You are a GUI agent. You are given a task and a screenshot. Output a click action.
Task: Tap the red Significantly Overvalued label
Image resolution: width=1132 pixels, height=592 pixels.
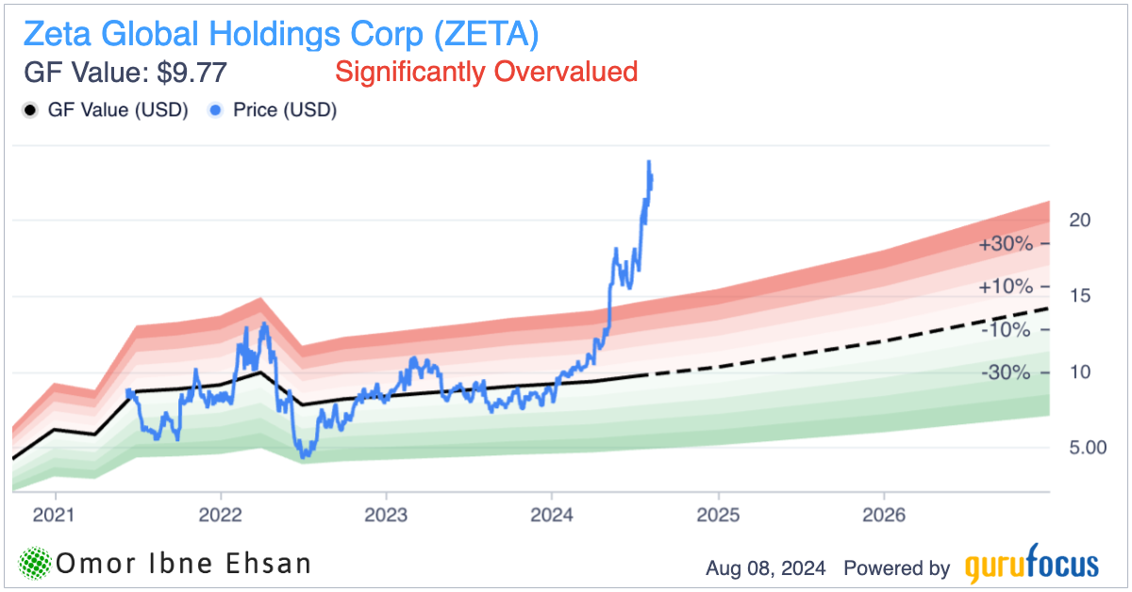[487, 72]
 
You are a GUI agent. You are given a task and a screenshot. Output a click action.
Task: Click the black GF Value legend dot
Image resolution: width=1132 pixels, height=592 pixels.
[29, 110]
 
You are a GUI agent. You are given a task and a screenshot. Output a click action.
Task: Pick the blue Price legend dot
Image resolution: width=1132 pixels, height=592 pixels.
[215, 110]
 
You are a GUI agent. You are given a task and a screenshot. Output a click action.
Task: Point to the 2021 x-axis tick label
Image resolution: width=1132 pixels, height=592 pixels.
[56, 516]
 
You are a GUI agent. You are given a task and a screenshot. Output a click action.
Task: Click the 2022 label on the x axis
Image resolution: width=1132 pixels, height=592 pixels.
[221, 516]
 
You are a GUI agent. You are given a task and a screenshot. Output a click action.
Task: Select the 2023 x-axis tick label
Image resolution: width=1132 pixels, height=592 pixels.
[386, 516]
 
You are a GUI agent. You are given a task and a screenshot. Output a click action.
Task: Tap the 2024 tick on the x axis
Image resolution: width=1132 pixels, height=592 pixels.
[551, 516]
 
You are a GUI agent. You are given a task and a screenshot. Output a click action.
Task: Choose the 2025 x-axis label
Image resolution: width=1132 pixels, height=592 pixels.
[718, 516]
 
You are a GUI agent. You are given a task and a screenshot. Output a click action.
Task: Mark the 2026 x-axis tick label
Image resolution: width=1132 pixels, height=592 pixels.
[883, 516]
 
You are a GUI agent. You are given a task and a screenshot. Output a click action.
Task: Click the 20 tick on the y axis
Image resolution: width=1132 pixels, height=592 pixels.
[1080, 220]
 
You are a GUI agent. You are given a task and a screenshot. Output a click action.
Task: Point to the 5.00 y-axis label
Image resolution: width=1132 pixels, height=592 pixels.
[1088, 448]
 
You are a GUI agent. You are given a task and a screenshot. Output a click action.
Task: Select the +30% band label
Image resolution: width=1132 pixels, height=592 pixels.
[1006, 244]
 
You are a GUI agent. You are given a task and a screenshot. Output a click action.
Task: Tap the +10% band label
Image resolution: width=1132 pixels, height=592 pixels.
[1006, 287]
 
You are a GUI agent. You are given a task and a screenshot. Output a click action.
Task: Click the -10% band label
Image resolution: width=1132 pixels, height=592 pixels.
[1006, 330]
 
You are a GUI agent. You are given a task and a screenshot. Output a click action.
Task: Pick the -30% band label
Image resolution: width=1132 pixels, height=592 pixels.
[1006, 373]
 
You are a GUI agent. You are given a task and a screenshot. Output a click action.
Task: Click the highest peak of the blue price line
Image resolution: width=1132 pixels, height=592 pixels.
[649, 162]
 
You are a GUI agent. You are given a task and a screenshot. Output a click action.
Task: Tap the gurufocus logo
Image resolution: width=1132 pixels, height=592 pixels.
[1032, 566]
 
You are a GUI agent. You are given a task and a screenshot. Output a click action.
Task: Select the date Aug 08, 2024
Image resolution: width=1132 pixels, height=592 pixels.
[765, 568]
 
